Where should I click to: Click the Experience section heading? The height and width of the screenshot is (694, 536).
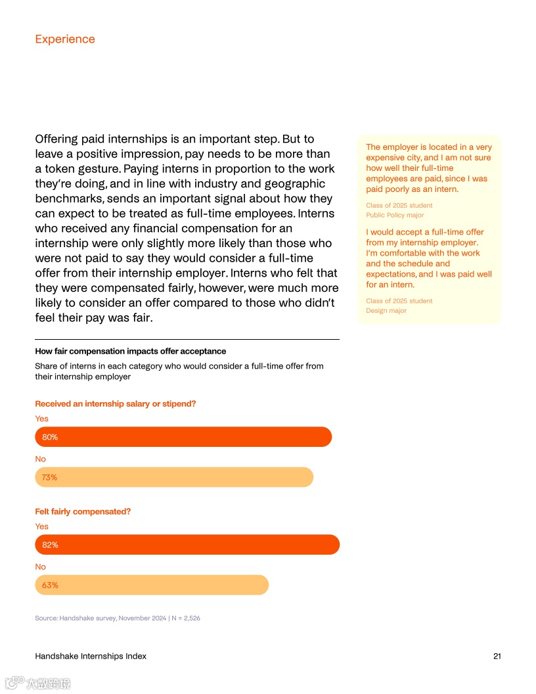(x=65, y=39)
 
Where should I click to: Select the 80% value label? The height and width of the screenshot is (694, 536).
(x=50, y=437)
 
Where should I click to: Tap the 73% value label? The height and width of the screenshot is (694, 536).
(x=49, y=478)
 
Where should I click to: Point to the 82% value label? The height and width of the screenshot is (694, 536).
(x=50, y=545)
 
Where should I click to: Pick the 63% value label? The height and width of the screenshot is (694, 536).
(x=50, y=585)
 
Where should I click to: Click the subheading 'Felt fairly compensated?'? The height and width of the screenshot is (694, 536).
(x=83, y=511)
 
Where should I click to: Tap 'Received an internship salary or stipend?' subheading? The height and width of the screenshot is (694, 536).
(x=116, y=404)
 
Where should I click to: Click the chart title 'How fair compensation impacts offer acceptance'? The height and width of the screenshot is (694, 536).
(x=131, y=351)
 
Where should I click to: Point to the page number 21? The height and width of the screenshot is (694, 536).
(x=497, y=656)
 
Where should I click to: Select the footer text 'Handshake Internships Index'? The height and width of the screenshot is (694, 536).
(x=91, y=656)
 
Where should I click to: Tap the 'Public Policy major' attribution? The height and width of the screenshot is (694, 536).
(x=395, y=215)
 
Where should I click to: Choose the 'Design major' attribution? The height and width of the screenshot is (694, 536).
(x=386, y=310)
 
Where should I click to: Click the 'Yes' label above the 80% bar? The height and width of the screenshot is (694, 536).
(x=41, y=419)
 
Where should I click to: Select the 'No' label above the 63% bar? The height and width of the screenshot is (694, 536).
(x=41, y=567)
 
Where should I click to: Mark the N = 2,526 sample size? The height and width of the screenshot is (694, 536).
(x=186, y=618)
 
